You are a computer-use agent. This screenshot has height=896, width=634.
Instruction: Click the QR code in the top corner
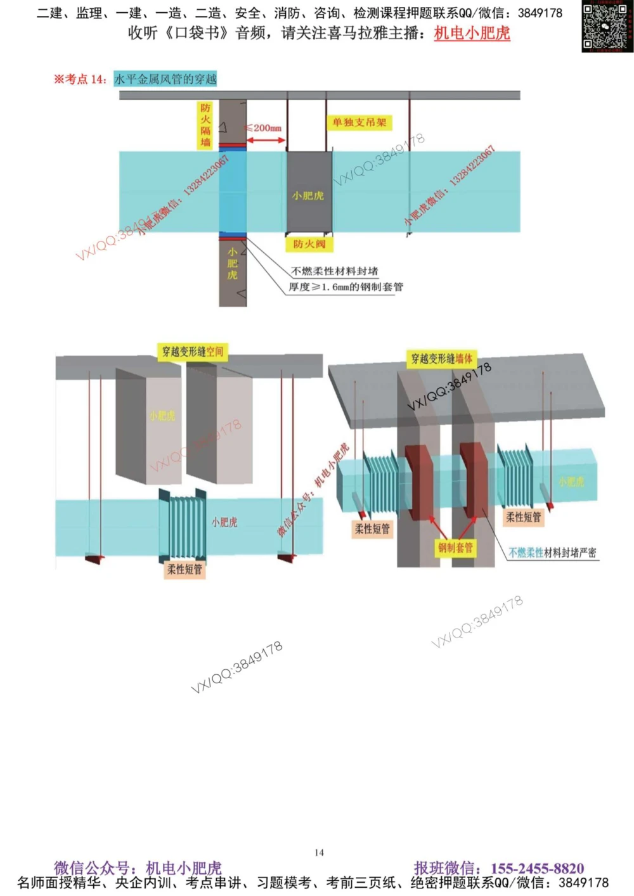[607, 26]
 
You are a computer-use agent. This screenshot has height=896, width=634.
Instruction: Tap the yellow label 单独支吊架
[359, 122]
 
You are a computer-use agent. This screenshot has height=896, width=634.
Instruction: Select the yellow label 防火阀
[309, 244]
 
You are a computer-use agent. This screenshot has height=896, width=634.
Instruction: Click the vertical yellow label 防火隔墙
[205, 125]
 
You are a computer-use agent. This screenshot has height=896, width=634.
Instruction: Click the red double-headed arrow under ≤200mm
[266, 140]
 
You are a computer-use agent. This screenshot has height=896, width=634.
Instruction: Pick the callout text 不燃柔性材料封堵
[334, 271]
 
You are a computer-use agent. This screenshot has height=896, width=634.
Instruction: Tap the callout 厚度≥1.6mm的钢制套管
[346, 287]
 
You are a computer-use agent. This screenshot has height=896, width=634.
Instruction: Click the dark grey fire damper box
[309, 192]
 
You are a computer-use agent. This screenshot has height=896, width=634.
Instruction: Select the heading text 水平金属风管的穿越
[165, 79]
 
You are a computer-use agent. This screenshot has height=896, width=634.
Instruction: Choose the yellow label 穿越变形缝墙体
[442, 359]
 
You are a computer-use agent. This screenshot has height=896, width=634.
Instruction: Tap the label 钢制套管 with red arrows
[455, 547]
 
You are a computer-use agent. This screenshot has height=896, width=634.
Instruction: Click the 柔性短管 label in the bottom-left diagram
[184, 570]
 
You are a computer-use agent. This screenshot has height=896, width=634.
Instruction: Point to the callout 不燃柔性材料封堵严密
[552, 553]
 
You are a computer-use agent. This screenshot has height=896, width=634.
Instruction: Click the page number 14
[319, 853]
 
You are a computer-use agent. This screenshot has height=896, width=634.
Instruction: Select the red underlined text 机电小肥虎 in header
[472, 33]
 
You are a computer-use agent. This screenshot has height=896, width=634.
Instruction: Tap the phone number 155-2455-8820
[537, 868]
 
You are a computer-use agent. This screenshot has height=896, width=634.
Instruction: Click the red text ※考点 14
[80, 79]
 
